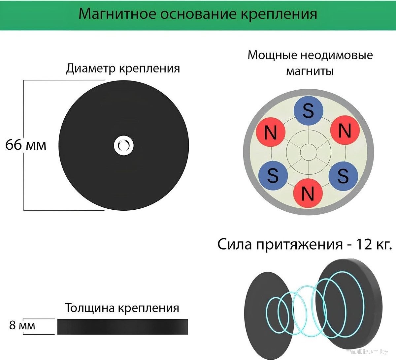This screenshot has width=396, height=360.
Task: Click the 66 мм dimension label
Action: (x=26, y=145)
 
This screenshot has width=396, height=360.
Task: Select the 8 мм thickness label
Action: (x=22, y=326)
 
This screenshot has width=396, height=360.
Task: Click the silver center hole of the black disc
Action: (x=124, y=145)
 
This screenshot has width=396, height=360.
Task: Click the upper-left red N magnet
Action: (x=271, y=133)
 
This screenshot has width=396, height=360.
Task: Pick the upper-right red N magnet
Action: (x=345, y=132)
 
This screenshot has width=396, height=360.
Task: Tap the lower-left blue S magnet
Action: (x=273, y=175)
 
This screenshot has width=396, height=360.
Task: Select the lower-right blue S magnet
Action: (x=343, y=175)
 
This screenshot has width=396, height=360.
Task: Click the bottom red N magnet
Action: (x=308, y=193)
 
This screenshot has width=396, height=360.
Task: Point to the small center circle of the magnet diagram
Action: (x=308, y=152)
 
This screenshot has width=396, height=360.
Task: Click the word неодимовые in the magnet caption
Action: (x=336, y=55)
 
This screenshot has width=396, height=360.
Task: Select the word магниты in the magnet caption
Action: (x=310, y=71)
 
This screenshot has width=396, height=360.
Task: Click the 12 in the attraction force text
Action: (x=363, y=245)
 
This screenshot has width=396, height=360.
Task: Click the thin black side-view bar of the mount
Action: (x=122, y=326)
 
